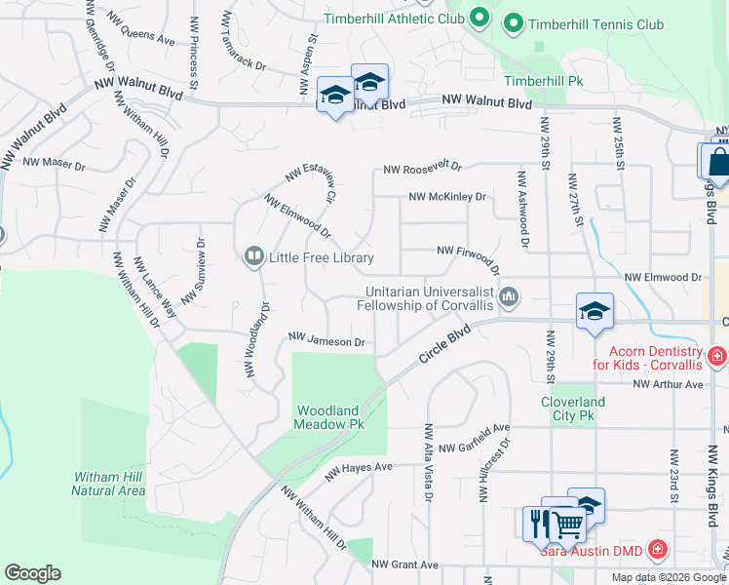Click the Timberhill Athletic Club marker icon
479,18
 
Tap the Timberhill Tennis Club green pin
514,23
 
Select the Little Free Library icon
253,256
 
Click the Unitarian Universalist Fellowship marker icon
508,296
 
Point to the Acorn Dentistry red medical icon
717,357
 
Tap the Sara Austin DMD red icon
659,550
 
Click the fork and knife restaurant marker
538,523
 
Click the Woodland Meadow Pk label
329,417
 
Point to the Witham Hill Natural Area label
109,484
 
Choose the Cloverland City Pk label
573,409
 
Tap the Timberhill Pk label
543,81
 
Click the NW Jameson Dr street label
326,342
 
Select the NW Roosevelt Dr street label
421,169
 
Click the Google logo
32,573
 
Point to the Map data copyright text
669,577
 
